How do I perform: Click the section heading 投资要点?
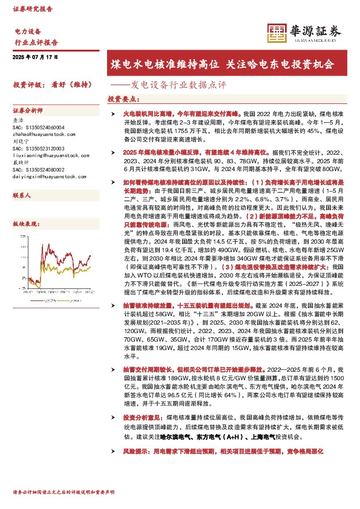point(122,99)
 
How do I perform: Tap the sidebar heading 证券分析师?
point(28,111)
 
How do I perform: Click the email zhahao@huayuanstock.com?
point(39,134)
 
